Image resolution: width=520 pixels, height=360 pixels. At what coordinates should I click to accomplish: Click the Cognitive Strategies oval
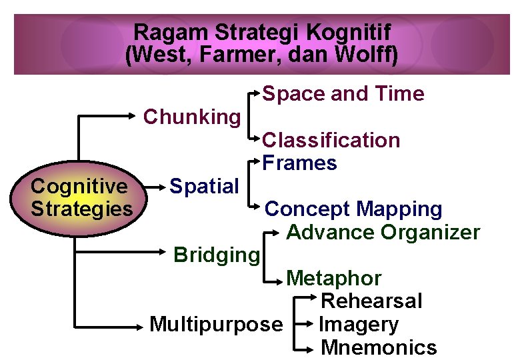[x=82, y=197]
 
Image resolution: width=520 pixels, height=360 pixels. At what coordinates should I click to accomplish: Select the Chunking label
[x=192, y=117]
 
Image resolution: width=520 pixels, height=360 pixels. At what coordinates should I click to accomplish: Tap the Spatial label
[x=204, y=186]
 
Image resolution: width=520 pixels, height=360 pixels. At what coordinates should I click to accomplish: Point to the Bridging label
[x=216, y=255]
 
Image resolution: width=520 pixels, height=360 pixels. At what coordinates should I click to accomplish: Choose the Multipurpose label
[x=216, y=325]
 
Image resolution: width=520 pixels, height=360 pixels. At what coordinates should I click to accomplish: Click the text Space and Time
[x=343, y=94]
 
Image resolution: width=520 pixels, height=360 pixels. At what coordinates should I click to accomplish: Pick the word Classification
[x=331, y=140]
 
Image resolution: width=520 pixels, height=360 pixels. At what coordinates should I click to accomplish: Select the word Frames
[x=300, y=163]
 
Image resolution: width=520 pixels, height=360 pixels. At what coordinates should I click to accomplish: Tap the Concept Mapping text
[x=353, y=209]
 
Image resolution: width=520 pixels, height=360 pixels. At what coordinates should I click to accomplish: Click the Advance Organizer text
[x=383, y=233]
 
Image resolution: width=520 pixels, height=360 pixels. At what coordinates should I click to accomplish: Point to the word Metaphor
[x=333, y=278]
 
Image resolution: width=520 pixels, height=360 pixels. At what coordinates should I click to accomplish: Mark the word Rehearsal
[x=371, y=301]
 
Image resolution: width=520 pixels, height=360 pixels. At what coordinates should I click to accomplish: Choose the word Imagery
[x=359, y=325]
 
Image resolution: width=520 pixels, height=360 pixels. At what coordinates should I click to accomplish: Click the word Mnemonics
[x=379, y=347]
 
